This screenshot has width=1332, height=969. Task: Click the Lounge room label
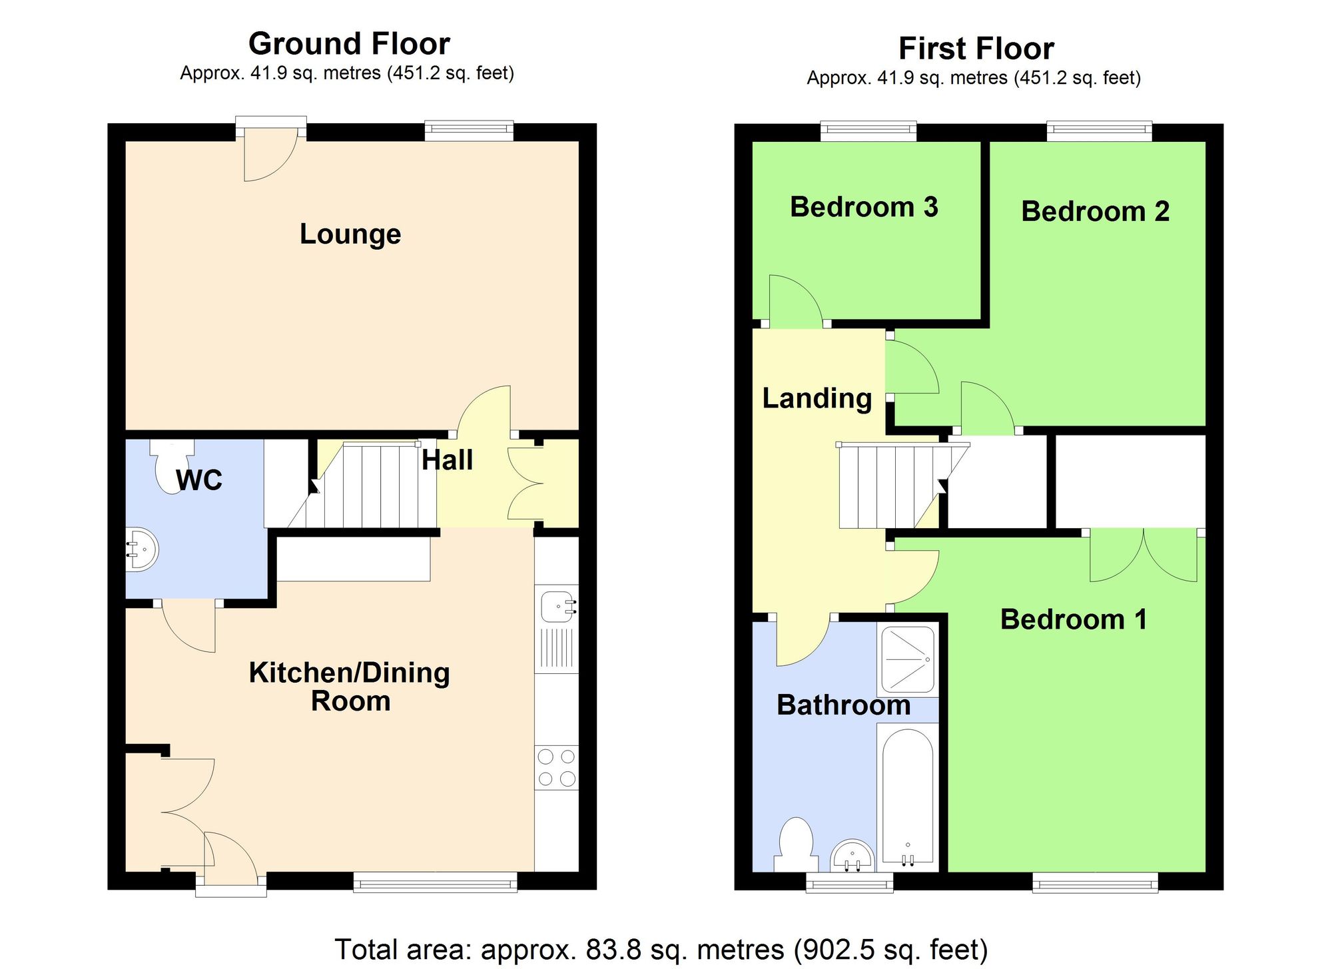(350, 234)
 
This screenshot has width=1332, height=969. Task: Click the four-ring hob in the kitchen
(556, 767)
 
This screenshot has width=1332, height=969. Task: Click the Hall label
(447, 460)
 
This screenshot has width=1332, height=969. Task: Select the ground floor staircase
(363, 486)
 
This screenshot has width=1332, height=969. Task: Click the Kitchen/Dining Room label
(350, 687)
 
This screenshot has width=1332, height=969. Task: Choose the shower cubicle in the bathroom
(907, 659)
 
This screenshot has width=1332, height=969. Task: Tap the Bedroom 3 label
(864, 207)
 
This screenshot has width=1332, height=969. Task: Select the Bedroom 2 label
(1095, 212)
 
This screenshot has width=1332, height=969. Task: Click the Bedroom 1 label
(1074, 619)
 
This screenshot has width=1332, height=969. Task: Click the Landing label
(817, 398)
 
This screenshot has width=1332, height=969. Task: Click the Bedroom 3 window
(868, 131)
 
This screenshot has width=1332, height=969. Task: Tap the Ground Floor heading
(349, 44)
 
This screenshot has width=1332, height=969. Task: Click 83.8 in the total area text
(609, 950)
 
